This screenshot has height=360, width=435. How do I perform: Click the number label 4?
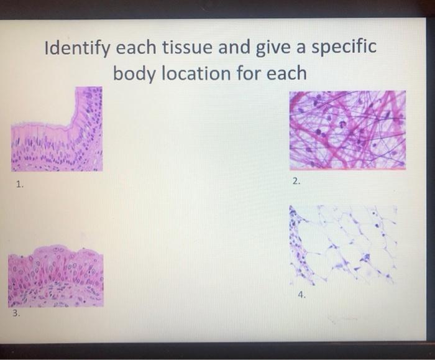coord(301,296)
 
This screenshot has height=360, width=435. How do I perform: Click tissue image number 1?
coord(57,129)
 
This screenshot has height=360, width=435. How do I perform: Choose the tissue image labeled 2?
coord(347,129)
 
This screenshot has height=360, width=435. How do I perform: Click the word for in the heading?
coord(249,73)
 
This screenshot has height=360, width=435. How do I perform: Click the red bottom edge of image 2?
coord(347,167)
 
